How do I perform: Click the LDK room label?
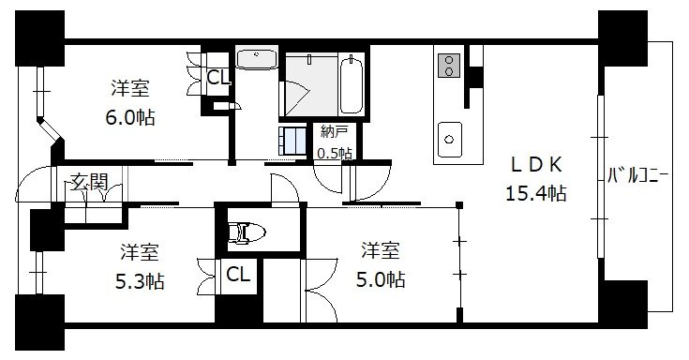point(536,164)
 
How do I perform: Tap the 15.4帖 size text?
point(535,193)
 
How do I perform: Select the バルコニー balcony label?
point(637,175)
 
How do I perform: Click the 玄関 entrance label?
point(90,182)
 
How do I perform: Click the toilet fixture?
point(247,232)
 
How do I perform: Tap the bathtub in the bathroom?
point(352,83)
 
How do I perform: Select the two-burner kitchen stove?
point(449,66)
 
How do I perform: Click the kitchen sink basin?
point(450,140)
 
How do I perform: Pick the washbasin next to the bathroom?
point(257,59)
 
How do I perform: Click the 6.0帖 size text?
point(130,117)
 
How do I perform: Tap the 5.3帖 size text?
point(140,281)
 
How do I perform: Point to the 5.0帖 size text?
point(381,279)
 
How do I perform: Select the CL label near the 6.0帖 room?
point(218,78)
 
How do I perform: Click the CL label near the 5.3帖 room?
point(238,275)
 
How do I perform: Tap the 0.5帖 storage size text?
point(335,154)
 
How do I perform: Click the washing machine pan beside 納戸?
point(292,141)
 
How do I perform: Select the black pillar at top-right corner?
point(622,38)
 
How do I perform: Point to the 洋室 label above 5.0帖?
point(381,250)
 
